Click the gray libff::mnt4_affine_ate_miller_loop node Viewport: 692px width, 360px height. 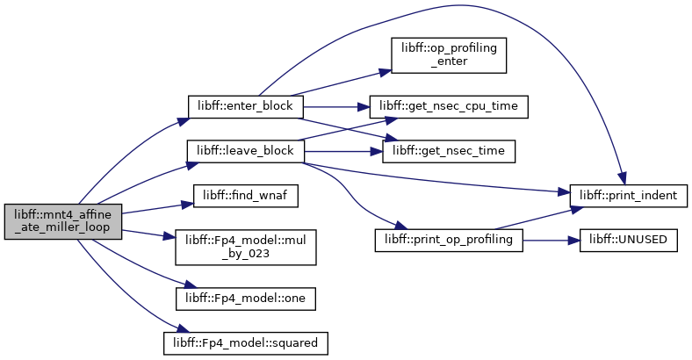click(x=62, y=221)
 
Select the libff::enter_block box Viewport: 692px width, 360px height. click(x=245, y=106)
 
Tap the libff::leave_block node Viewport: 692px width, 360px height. click(x=245, y=151)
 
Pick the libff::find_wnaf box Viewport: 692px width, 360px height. click(x=245, y=196)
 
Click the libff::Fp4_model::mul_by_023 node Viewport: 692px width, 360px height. click(x=245, y=247)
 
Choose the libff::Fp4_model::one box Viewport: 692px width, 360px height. click(x=245, y=299)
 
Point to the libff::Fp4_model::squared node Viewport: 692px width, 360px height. click(x=245, y=343)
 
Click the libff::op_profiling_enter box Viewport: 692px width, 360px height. click(x=449, y=55)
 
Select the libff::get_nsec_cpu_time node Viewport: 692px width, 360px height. click(x=449, y=106)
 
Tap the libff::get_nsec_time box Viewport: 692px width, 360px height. click(x=449, y=151)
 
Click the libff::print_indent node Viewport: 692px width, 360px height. click(x=629, y=196)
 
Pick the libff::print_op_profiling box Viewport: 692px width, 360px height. click(x=449, y=240)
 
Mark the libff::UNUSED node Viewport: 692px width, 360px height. click(x=629, y=240)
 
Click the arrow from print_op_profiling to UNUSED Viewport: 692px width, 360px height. click(x=551, y=241)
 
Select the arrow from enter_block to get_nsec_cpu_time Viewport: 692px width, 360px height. click(x=336, y=107)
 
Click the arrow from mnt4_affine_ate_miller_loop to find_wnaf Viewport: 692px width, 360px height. click(x=157, y=209)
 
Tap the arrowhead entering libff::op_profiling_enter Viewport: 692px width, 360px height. click(x=386, y=72)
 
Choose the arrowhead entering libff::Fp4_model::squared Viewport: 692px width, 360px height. click(x=183, y=330)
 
